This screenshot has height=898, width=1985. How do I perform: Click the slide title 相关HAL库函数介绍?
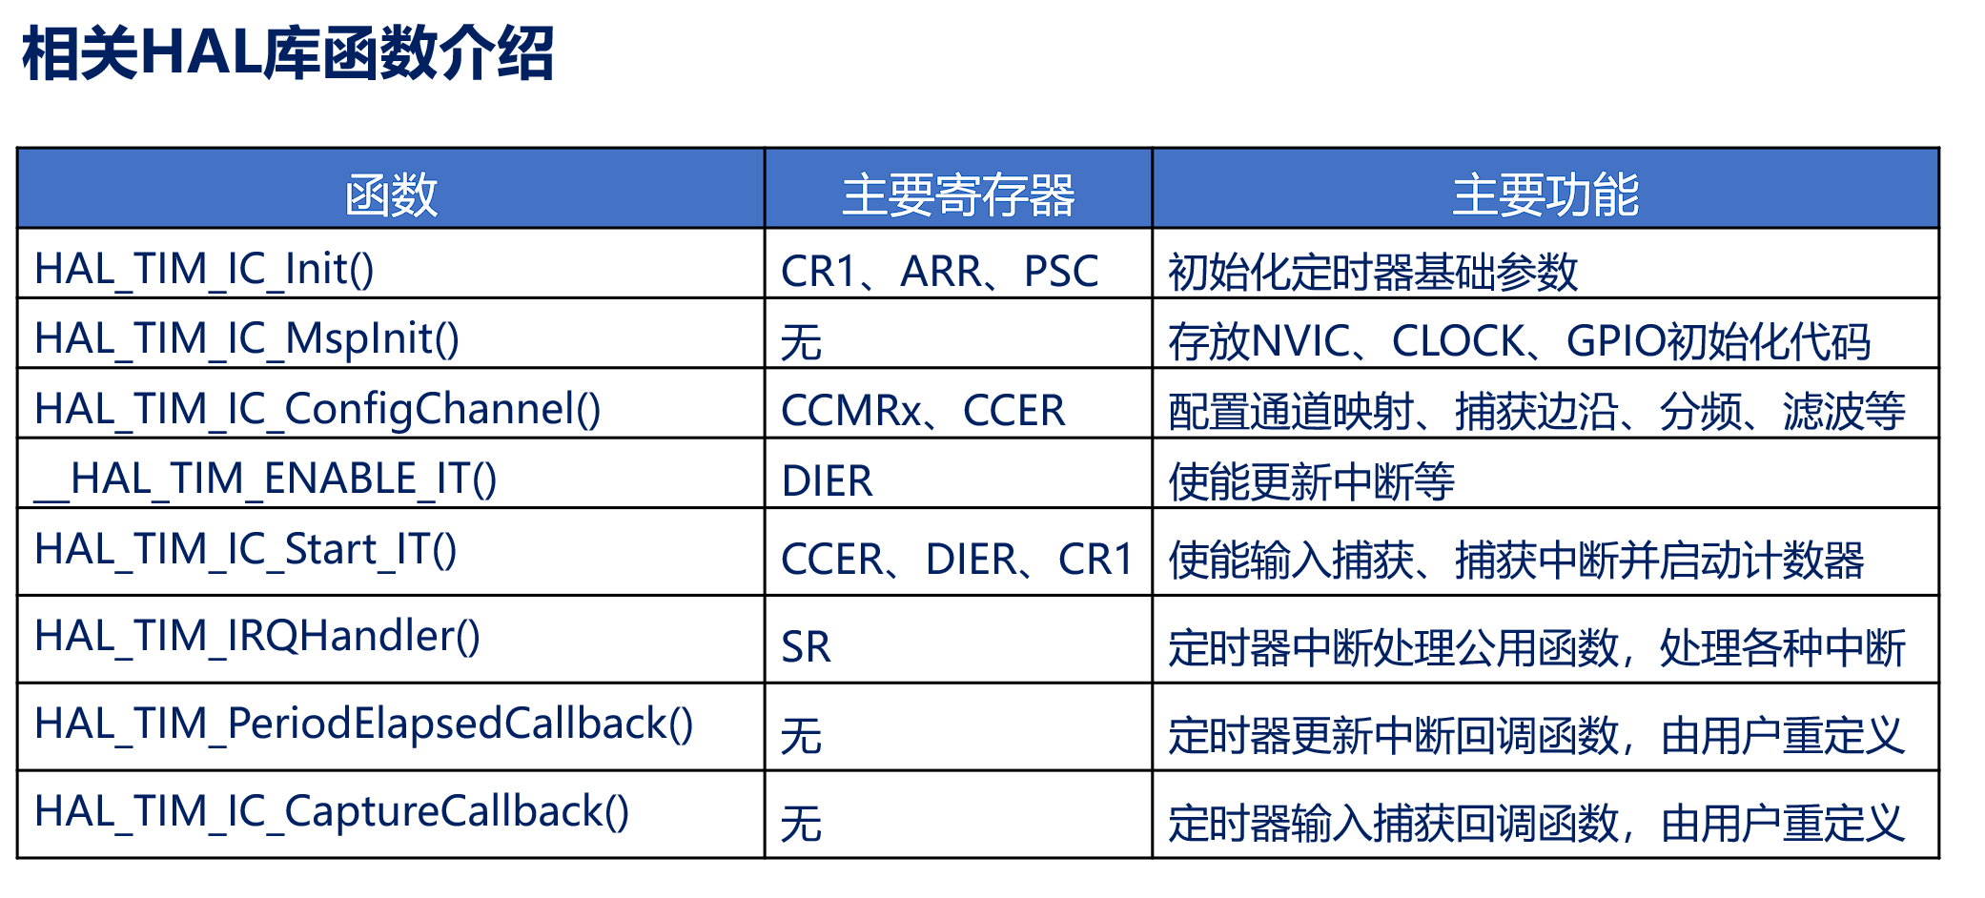[x=287, y=53]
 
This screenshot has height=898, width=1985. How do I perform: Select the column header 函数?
[x=391, y=194]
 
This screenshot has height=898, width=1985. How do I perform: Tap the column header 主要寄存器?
[x=958, y=194]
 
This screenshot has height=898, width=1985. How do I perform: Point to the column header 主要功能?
[x=1545, y=194]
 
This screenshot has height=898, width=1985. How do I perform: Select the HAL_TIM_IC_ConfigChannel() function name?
[x=317, y=410]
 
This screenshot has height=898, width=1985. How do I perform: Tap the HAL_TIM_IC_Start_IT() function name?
[x=245, y=550]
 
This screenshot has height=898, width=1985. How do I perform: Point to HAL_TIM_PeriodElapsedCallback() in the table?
[x=363, y=725]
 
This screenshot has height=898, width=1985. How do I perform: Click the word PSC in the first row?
[x=1061, y=272]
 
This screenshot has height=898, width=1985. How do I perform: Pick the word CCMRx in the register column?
[x=851, y=411]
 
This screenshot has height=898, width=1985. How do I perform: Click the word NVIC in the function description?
[x=1299, y=341]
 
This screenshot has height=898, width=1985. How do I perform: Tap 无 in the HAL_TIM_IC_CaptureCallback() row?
[x=801, y=824]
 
